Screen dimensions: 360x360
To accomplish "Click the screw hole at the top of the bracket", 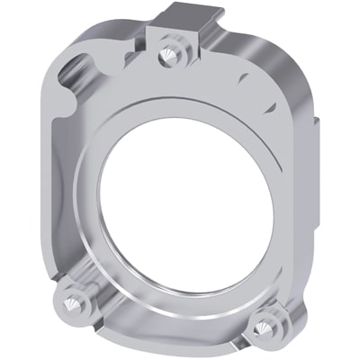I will click(x=167, y=56).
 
